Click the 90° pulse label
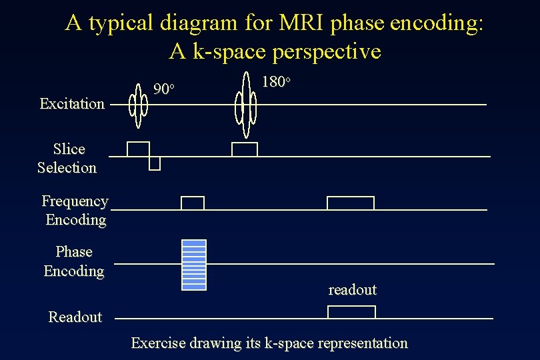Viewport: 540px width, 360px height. coord(164,89)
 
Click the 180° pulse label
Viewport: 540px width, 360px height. coord(276,82)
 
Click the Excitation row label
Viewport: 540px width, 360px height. coord(72,103)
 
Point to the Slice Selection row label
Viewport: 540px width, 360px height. coord(67,158)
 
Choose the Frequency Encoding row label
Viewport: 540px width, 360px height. coord(75,210)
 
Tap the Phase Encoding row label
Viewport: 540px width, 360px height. coord(74,261)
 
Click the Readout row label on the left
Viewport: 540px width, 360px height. coord(75,317)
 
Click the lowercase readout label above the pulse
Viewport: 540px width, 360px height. coord(352,290)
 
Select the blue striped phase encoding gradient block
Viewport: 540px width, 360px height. coord(194,265)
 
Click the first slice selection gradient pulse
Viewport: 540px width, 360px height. coord(138,149)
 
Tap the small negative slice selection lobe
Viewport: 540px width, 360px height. coord(155,163)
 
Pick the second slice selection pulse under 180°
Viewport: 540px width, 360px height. coord(244,149)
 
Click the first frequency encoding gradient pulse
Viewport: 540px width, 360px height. coord(193,203)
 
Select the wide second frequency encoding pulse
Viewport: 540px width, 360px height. coord(351,203)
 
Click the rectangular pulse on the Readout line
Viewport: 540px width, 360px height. coord(351,312)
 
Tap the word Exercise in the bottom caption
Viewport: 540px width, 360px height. coord(158,343)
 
